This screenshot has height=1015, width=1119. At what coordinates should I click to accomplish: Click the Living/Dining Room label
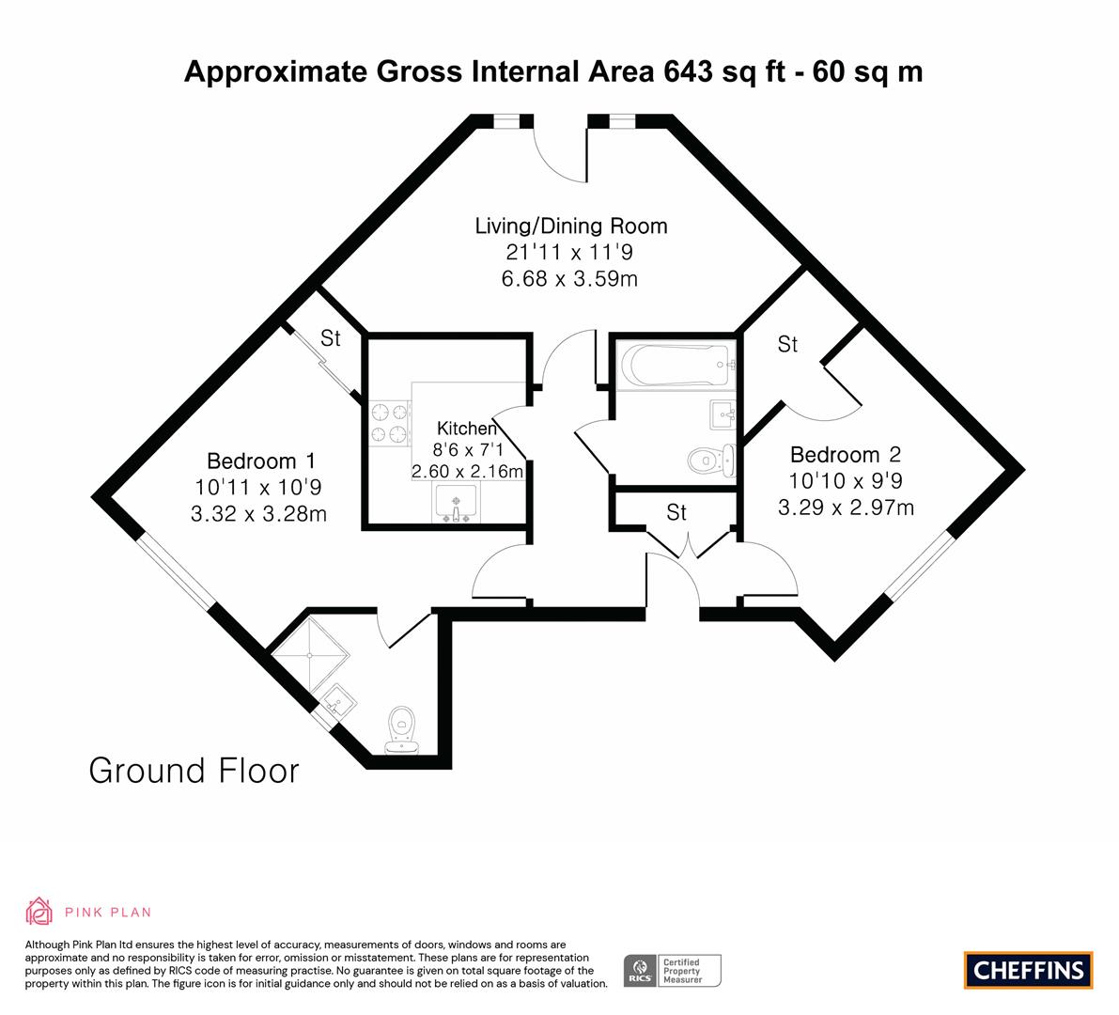coord(571,226)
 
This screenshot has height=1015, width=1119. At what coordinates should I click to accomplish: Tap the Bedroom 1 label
coord(261,461)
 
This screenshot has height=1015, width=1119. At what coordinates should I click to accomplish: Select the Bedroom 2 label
coord(846,455)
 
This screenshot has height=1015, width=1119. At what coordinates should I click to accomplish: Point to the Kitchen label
coord(467,429)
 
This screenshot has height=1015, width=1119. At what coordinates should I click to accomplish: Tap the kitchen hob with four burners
coord(390,423)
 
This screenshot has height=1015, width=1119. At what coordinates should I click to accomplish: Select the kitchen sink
coord(456,503)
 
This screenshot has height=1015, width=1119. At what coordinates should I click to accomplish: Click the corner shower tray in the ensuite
coord(310,654)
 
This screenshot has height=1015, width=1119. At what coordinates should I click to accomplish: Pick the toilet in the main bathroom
coord(711,461)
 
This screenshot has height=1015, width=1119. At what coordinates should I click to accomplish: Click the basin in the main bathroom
coord(723,414)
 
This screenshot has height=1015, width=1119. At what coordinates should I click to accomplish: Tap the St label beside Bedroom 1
coord(331,338)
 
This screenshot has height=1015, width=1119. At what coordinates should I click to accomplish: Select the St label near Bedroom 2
coord(787,345)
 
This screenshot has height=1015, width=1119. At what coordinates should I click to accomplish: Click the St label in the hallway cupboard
coord(676,512)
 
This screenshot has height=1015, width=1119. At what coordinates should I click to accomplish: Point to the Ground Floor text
coord(194,771)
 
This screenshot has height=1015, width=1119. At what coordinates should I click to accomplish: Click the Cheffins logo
coord(1029,970)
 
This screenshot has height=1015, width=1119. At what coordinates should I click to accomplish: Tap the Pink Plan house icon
coord(39,912)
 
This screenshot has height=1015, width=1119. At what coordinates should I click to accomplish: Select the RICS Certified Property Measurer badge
coord(673,971)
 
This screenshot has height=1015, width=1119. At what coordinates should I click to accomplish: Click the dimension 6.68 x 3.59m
coord(569,278)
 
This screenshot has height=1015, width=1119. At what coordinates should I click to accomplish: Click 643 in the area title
coord(688,72)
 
